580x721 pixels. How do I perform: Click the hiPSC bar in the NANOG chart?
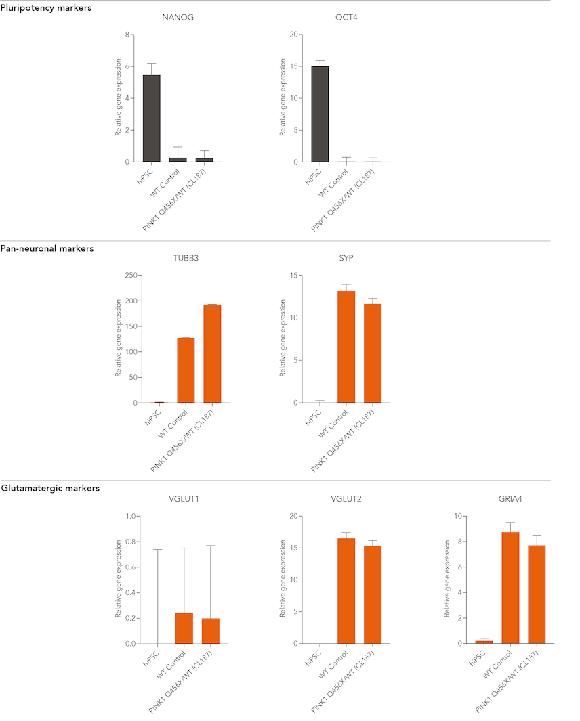(152, 118)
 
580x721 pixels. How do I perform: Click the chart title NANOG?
(178, 17)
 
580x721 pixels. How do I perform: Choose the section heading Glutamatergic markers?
(51, 488)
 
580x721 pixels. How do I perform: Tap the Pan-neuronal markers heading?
(47, 248)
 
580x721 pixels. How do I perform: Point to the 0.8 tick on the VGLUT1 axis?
(129, 542)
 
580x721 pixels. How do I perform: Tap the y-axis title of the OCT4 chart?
(283, 98)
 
